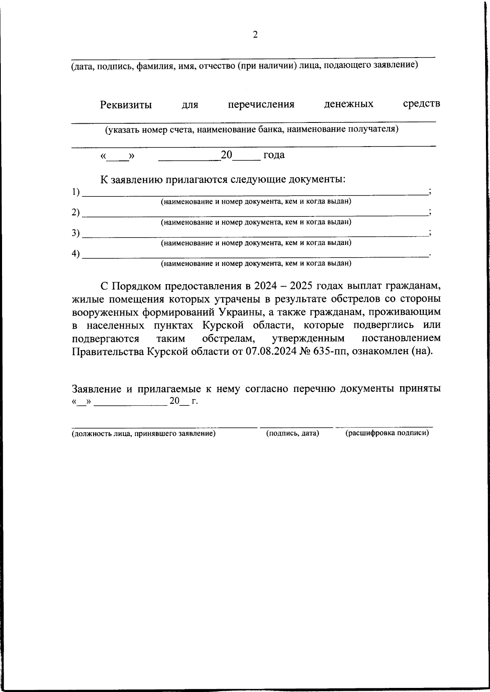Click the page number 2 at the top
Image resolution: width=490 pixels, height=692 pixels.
pos(255,35)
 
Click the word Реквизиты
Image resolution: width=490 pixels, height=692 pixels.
pos(126,105)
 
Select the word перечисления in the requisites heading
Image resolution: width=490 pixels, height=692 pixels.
pos(261,105)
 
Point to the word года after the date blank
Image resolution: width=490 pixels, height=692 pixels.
pos(274,155)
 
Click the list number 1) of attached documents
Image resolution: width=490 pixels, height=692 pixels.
pos(76,192)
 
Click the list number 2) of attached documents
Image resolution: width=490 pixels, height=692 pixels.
pos(76,213)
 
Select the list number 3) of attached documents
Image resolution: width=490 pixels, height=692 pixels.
pos(76,233)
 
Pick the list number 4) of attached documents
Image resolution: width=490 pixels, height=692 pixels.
pos(76,254)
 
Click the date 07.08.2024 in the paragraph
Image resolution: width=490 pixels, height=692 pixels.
pos(271,352)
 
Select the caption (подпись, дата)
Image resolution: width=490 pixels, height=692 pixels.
pos(292,433)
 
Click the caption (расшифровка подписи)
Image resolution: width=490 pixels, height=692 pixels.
pos(387,433)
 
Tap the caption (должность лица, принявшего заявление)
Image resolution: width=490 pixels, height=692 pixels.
pos(144,434)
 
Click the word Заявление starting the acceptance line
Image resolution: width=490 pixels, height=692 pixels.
pos(96,389)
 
